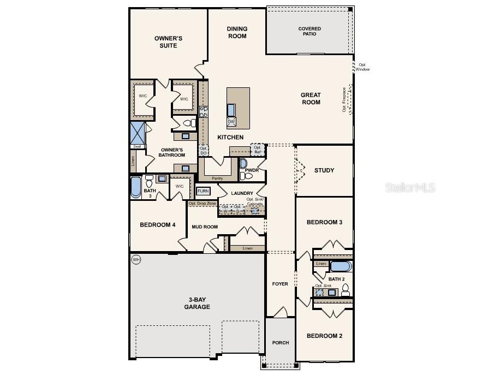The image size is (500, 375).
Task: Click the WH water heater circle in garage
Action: coord(136,260)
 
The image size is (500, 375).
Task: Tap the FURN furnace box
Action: coord(203,191)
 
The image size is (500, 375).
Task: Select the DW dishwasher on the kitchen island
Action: coord(231,121)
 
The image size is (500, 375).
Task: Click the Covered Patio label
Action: coord(309,31)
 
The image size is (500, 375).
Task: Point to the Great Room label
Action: coord(311,99)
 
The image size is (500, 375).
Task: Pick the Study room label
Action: coord(324,170)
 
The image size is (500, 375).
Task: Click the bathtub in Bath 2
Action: coord(341,267)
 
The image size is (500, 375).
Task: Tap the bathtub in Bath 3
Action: coord(135,187)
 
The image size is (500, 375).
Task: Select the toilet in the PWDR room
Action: coord(243,163)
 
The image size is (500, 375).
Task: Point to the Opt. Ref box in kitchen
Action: coord(258,149)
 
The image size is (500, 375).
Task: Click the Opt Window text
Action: coord(362,67)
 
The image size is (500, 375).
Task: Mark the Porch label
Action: coord(281,343)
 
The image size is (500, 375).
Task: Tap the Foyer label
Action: coord(280,284)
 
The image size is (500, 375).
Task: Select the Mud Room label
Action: coord(205,227)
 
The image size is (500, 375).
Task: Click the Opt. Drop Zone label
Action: coord(203,204)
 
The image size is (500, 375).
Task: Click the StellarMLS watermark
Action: coord(410,187)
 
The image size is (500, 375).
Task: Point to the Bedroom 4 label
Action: coord(157,224)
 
